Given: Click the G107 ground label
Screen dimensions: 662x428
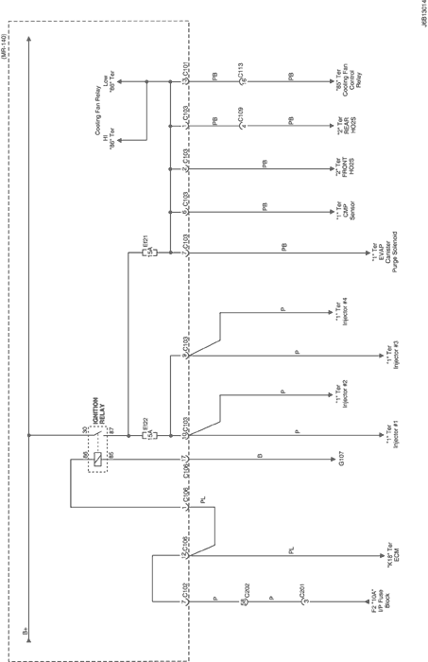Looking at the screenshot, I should (343, 462).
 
